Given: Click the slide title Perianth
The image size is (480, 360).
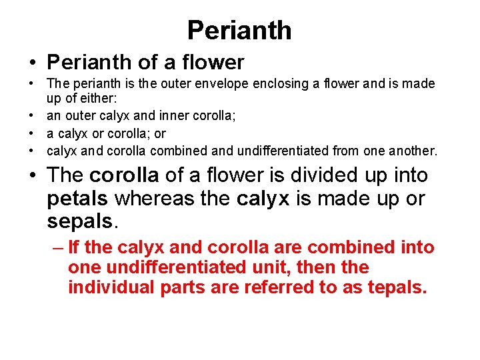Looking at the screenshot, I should coord(239,31).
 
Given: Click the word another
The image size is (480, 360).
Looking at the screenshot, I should coord(412,151).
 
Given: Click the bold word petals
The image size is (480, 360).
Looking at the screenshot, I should coord(79,198).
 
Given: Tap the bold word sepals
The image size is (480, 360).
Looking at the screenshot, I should coord(78,221).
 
